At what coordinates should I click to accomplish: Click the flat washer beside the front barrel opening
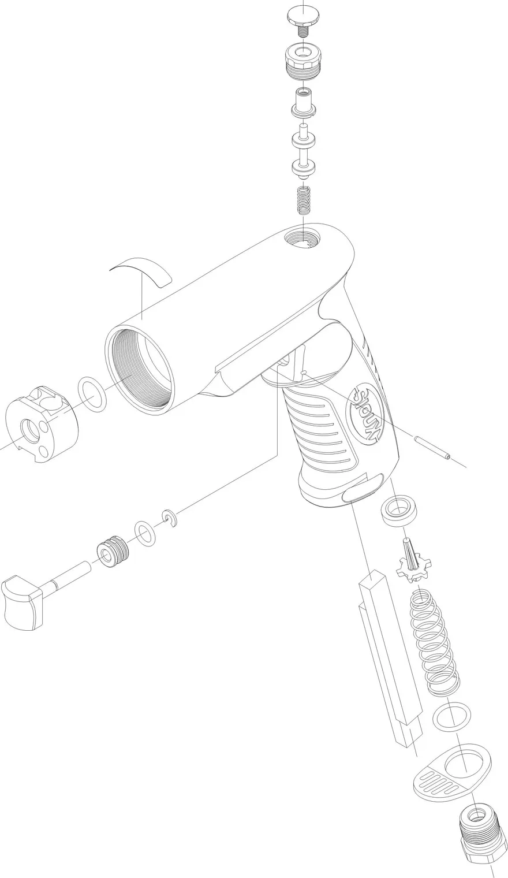point(93,395)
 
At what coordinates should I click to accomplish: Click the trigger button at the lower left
point(24,603)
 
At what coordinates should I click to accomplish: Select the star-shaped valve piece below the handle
point(413,560)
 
